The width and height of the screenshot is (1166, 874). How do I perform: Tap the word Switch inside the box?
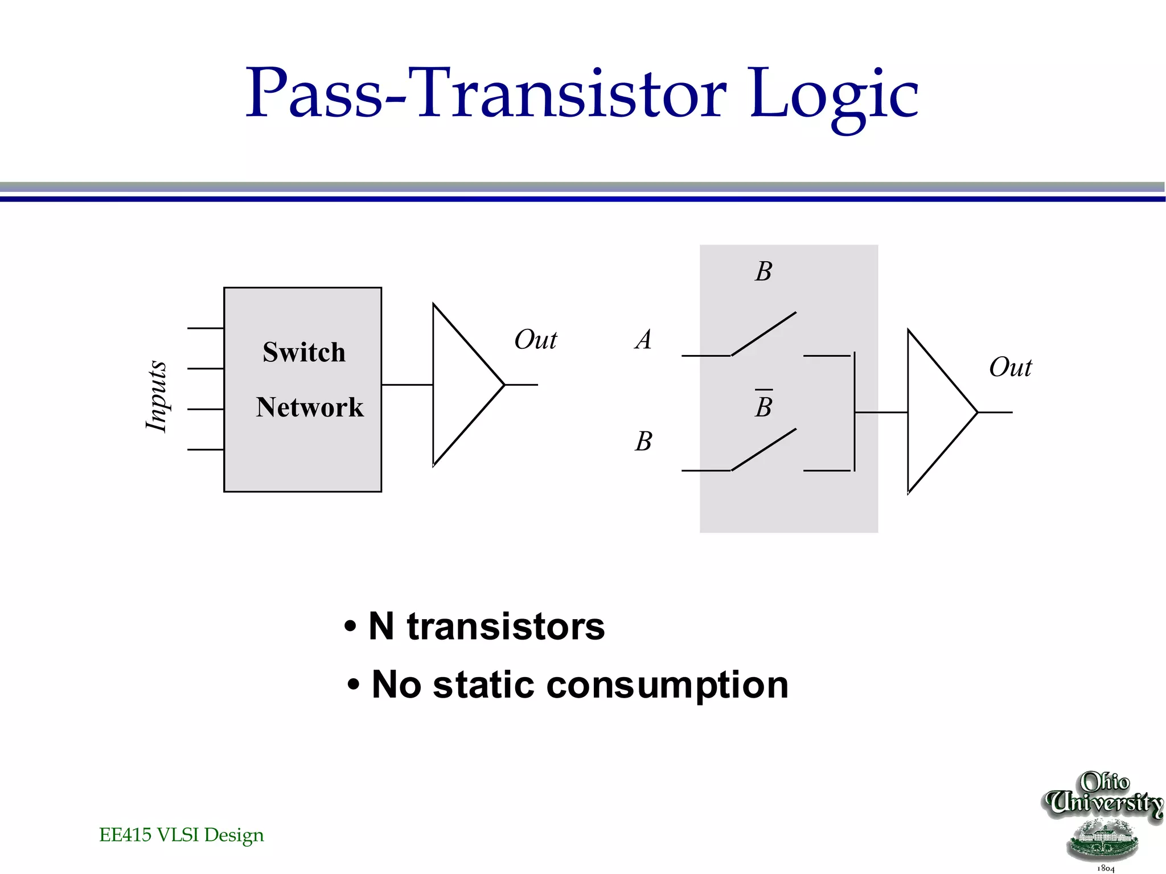(304, 352)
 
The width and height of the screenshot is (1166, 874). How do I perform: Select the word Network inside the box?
(309, 407)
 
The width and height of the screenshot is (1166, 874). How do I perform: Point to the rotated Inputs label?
(156, 396)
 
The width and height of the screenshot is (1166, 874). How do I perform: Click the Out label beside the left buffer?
(535, 340)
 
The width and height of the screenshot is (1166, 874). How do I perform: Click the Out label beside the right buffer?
(1010, 367)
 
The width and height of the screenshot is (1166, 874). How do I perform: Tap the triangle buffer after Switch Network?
(461, 385)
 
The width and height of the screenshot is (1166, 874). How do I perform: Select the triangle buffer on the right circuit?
(936, 411)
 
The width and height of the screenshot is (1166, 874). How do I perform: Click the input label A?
(643, 340)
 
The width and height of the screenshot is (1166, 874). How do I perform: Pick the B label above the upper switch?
(763, 271)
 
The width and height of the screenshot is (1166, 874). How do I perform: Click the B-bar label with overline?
(763, 406)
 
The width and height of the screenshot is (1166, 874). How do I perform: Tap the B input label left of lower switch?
(643, 441)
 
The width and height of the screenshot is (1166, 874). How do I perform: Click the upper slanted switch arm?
(763, 333)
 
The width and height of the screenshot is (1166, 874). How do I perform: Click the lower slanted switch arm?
(763, 450)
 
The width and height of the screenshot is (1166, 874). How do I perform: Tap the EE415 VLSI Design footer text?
(181, 835)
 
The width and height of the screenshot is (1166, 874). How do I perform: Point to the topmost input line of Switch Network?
(205, 328)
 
